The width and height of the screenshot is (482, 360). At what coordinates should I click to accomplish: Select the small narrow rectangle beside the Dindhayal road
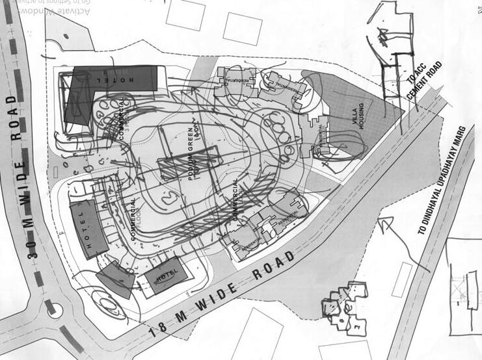402,279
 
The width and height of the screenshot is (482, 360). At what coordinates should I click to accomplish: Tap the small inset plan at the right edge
463,286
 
